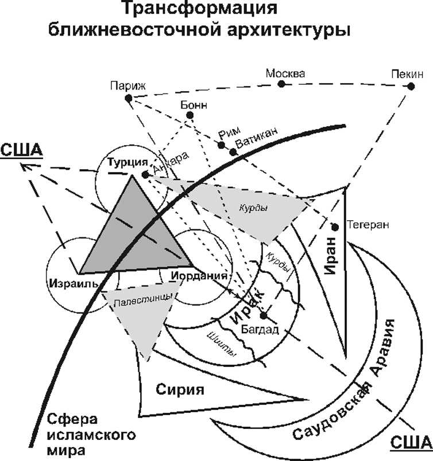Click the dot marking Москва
[x=281, y=84]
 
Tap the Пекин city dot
[x=411, y=87]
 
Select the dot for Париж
[x=128, y=99]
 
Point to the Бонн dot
[x=190, y=115]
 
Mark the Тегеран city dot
[x=335, y=227]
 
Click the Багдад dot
[x=264, y=316]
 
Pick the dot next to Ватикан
[x=233, y=152]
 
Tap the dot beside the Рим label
[x=221, y=145]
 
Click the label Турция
[x=125, y=163]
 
